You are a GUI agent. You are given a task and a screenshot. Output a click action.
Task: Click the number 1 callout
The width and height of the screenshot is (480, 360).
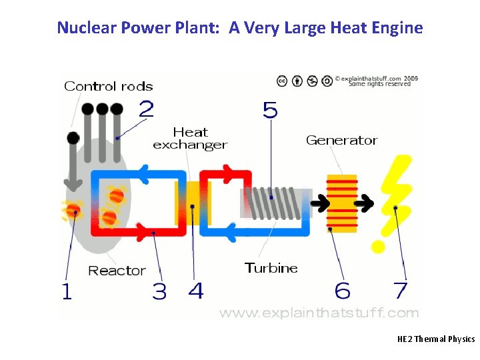click(66, 291)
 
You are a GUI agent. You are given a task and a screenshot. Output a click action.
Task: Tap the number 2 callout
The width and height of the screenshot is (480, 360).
click(146, 108)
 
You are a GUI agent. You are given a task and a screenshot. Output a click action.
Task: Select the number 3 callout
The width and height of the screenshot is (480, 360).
click(159, 291)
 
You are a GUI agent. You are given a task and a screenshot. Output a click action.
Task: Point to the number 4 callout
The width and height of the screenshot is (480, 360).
click(195, 291)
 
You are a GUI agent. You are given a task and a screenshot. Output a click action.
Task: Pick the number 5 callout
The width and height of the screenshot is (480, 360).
click(270, 109)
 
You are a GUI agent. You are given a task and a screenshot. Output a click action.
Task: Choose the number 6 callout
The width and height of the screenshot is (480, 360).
click(343, 291)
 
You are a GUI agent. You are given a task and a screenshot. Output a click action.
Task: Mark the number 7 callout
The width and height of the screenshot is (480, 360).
click(400, 291)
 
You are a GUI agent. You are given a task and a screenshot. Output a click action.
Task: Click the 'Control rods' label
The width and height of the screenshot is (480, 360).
click(108, 86)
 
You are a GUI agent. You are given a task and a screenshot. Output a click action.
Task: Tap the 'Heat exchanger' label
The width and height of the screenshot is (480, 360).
click(190, 139)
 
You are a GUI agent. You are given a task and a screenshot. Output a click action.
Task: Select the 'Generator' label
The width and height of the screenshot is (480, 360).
click(341, 140)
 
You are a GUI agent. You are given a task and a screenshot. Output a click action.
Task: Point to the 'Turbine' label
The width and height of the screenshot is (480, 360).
click(271, 268)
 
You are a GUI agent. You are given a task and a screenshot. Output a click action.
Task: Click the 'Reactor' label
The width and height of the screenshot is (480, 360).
click(117, 271)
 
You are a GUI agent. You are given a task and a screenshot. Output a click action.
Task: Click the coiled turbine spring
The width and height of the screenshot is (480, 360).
click(271, 201)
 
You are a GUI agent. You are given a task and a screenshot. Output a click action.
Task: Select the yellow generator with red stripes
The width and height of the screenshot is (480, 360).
click(342, 203)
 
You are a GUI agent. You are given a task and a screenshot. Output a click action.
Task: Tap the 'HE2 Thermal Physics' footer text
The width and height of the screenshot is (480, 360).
click(435, 339)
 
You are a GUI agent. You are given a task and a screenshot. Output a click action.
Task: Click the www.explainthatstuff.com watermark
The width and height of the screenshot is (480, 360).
click(319, 312)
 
